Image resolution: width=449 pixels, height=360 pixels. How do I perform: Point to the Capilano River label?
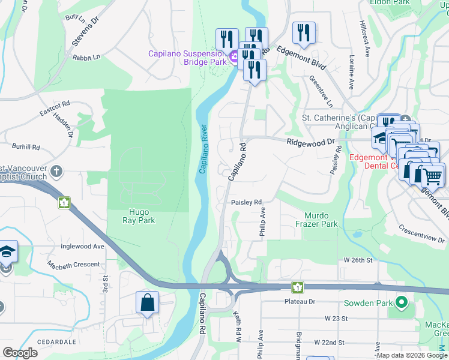[x=203, y=149]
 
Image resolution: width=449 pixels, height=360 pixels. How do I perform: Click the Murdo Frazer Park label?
[x=316, y=220]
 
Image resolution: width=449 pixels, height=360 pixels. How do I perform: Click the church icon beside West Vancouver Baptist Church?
[x=56, y=172]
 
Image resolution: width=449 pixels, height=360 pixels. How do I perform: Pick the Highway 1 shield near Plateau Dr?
[x=296, y=287]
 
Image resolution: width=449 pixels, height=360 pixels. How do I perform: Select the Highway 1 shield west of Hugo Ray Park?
[x=64, y=203]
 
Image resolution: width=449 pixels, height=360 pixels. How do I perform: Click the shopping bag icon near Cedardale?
[x=147, y=303]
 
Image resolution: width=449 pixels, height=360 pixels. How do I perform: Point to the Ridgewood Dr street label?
[x=310, y=143]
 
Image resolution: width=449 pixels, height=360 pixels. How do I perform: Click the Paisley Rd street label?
[x=247, y=203]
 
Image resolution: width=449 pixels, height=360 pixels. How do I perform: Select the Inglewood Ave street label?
[x=82, y=246]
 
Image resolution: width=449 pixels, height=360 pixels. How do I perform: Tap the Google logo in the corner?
[x=20, y=353]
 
